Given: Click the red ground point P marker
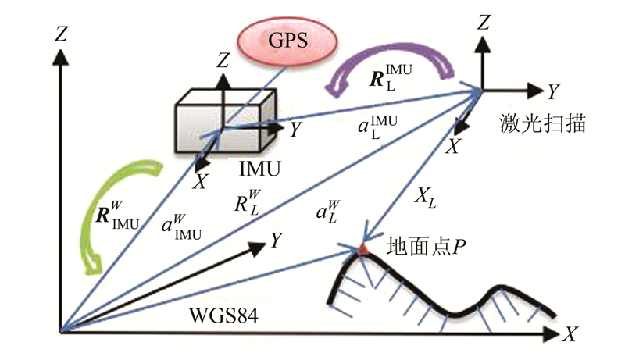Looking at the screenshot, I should click(x=362, y=249).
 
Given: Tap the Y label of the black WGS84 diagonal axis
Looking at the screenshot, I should click(x=276, y=241).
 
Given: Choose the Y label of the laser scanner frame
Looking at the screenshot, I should click(x=551, y=92).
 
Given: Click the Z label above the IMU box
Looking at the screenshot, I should click(x=223, y=61).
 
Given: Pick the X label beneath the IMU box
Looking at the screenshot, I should click(x=201, y=181).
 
